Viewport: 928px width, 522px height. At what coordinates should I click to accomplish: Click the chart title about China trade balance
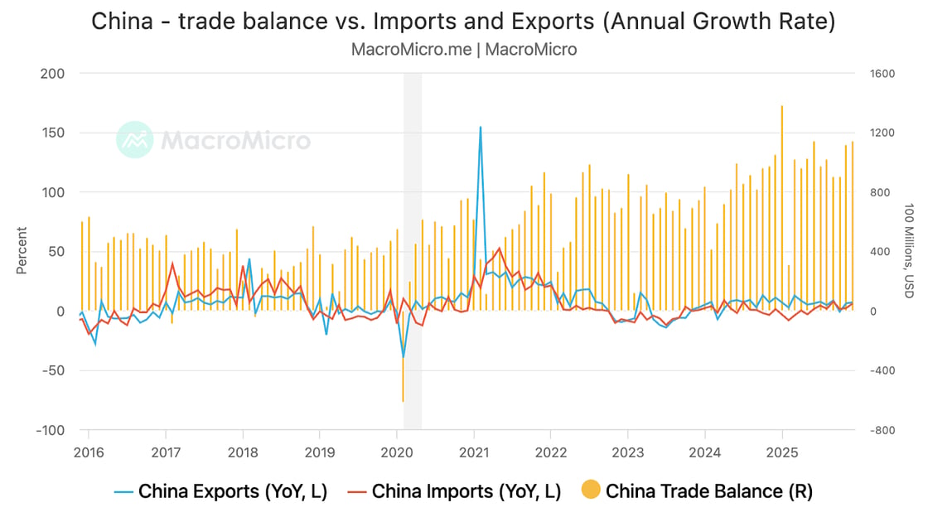(463, 21)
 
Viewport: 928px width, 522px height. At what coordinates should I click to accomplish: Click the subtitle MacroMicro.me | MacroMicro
(463, 49)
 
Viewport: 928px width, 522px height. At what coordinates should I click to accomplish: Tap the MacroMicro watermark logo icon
(134, 140)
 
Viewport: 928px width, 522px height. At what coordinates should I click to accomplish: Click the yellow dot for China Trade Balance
(591, 491)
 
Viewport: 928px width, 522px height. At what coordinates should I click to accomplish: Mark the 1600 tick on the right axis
(882, 73)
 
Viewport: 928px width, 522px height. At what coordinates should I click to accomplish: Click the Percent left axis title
(22, 251)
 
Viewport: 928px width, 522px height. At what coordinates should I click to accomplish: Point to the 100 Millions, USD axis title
(908, 251)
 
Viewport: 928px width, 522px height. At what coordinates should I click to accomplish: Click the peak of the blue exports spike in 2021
(481, 128)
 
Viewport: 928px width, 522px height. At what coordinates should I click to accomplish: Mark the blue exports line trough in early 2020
(404, 356)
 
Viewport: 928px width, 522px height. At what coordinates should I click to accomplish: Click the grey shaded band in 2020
(413, 207)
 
